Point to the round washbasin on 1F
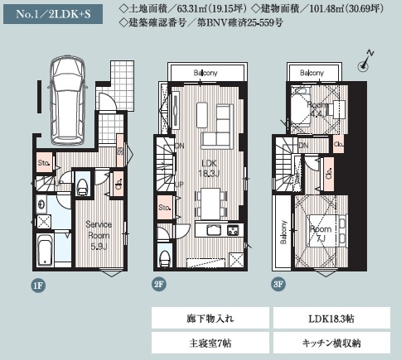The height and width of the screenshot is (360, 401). click(42, 204)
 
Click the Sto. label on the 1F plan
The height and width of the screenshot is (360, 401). click(44, 163)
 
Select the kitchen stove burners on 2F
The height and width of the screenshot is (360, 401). click(234, 229)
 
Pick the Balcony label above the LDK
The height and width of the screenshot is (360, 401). click(206, 73)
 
